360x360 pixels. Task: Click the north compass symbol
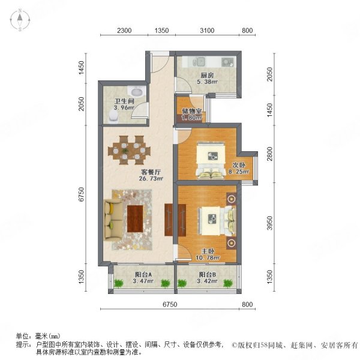point(20,20)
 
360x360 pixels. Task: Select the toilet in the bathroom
point(113,115)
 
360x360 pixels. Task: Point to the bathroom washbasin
point(137,92)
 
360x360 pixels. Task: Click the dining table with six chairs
point(129,150)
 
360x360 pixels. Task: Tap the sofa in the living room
point(112,220)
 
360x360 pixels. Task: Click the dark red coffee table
point(135,218)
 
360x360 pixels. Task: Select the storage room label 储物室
point(192,112)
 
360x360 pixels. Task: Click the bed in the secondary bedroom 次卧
point(211,160)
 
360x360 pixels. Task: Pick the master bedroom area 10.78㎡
point(208,258)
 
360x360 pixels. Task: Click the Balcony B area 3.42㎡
point(207,281)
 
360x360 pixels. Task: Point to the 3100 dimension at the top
point(207,31)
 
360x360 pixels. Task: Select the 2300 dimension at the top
point(124,31)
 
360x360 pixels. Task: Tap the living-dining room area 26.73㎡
point(151,178)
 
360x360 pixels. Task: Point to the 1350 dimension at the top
point(161,31)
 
